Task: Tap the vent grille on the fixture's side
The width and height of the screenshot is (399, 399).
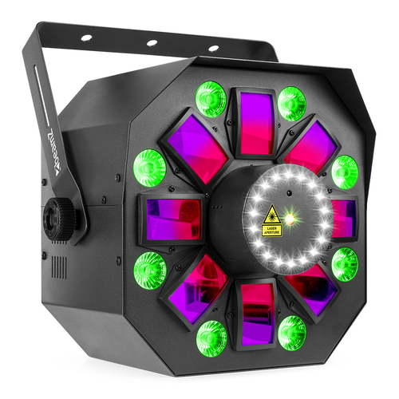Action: pyautogui.click(x=57, y=267)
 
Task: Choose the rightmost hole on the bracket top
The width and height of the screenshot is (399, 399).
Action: pyautogui.click(x=213, y=49)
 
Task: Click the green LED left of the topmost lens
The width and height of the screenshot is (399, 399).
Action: pyautogui.click(x=211, y=100)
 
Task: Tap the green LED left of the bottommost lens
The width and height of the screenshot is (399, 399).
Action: pyautogui.click(x=211, y=335)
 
